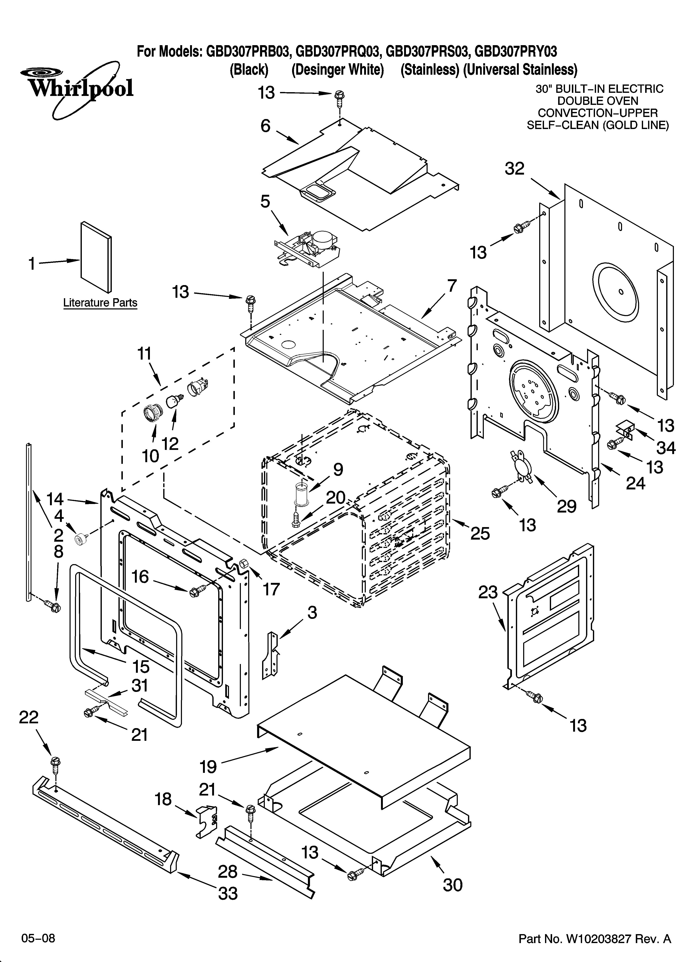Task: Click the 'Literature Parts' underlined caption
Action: (x=100, y=303)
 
